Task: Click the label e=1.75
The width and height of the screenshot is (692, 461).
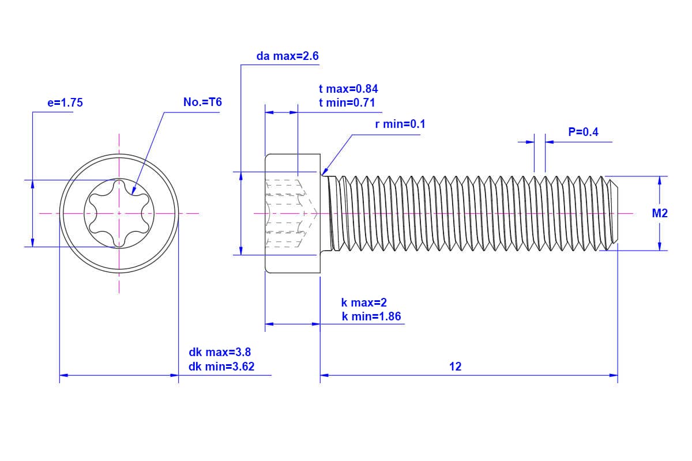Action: pyautogui.click(x=65, y=103)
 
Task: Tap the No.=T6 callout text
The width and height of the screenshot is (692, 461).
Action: pyautogui.click(x=202, y=103)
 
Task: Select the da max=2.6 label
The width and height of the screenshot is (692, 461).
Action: pyautogui.click(x=287, y=56)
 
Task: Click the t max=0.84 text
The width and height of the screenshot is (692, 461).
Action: pyautogui.click(x=348, y=89)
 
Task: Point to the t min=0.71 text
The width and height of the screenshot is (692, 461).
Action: pyautogui.click(x=347, y=103)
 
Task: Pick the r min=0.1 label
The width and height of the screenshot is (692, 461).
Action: pyautogui.click(x=400, y=124)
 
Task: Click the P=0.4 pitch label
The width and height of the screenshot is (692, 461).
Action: pyautogui.click(x=583, y=132)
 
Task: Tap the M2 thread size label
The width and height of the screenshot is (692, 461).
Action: pyautogui.click(x=660, y=213)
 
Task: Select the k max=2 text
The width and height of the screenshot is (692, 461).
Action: pyautogui.click(x=364, y=303)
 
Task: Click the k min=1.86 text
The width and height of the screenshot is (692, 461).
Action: pyautogui.click(x=371, y=316)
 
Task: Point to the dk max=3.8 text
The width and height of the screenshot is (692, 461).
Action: pyautogui.click(x=220, y=352)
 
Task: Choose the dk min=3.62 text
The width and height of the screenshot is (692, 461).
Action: pyautogui.click(x=221, y=366)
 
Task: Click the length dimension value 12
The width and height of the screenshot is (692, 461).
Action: pyautogui.click(x=456, y=366)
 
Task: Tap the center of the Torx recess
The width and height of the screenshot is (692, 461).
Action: pyautogui.click(x=119, y=213)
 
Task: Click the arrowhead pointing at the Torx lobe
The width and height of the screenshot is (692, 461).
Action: pyautogui.click(x=133, y=190)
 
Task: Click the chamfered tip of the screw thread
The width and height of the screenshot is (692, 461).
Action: pyautogui.click(x=615, y=213)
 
